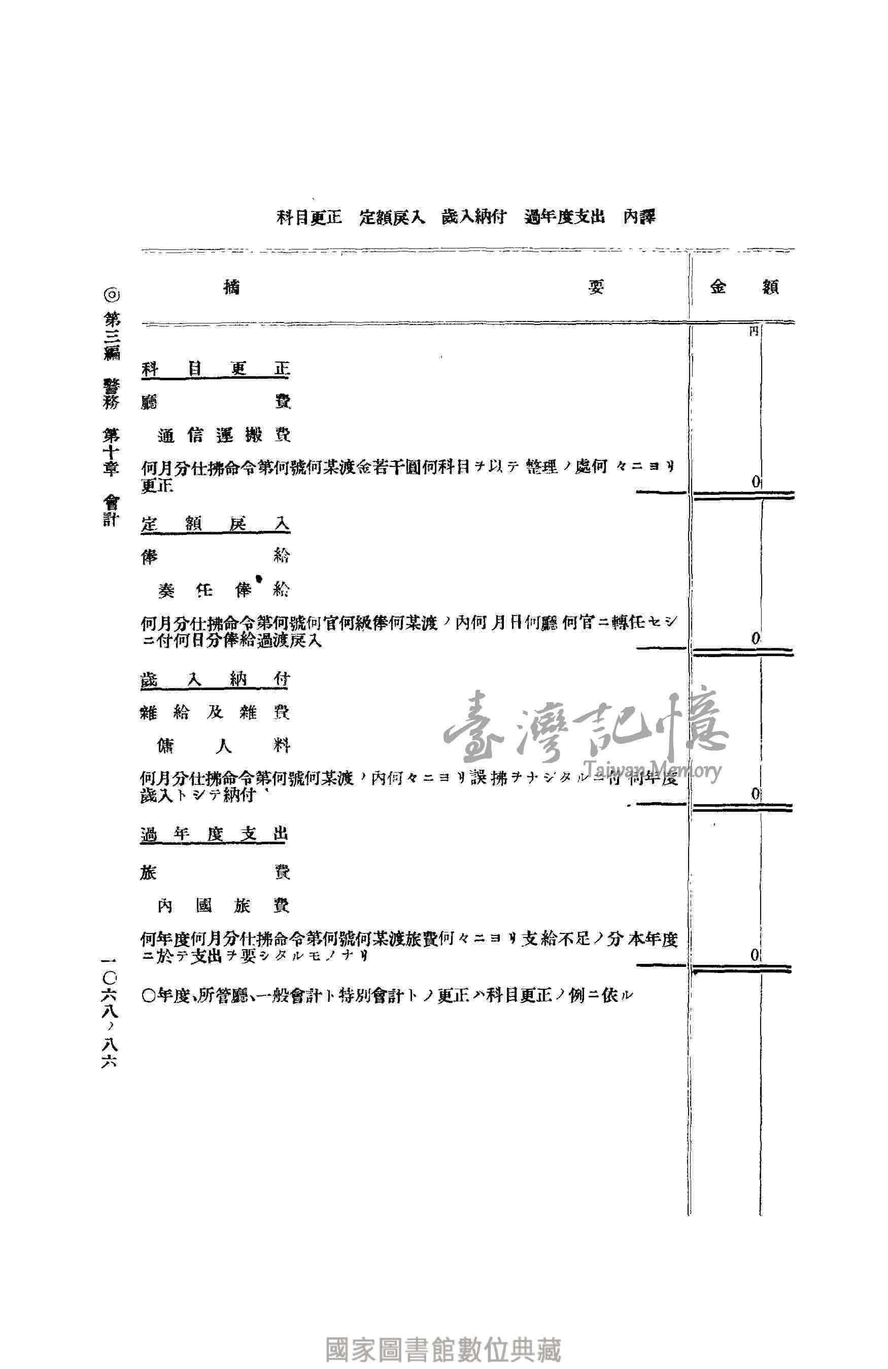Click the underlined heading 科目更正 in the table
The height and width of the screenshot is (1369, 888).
tap(215, 369)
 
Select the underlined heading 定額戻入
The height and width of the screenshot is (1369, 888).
tap(215, 524)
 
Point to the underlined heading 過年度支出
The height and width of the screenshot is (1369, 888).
tap(214, 835)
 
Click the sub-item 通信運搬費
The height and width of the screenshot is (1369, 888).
tap(224, 436)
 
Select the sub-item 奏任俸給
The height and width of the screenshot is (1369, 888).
tap(224, 590)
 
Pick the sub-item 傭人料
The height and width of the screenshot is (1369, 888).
tap(223, 746)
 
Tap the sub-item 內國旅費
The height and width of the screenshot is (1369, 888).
tap(223, 906)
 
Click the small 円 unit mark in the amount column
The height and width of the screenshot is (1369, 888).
tap(754, 333)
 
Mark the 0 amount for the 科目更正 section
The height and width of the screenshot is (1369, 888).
tap(756, 482)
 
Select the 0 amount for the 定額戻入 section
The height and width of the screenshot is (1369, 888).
tap(756, 637)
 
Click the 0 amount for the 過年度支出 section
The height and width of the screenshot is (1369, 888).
tap(755, 955)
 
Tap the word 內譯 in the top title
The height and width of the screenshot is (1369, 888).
tap(640, 217)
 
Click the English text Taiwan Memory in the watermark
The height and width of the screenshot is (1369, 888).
tap(652, 770)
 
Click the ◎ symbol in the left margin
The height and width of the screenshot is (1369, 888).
tap(111, 296)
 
